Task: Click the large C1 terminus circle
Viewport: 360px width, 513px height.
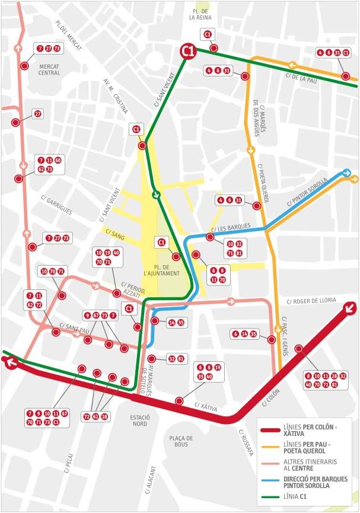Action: (x=188, y=52)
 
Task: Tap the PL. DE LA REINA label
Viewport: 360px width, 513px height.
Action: (x=197, y=14)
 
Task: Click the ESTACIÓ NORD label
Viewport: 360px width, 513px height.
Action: (x=139, y=420)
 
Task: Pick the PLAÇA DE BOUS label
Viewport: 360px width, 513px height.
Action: (x=182, y=441)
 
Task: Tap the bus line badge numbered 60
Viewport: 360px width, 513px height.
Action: (x=58, y=160)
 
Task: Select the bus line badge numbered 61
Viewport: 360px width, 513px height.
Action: (x=181, y=358)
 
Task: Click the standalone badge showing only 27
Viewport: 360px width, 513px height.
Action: (x=38, y=113)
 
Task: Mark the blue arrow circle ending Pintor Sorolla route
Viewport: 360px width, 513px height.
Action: (x=347, y=174)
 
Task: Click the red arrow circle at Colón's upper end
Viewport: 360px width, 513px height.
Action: (x=350, y=307)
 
